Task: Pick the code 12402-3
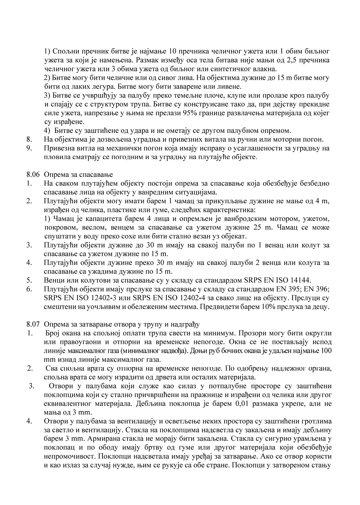(x=99, y=298)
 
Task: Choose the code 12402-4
(x=192, y=298)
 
